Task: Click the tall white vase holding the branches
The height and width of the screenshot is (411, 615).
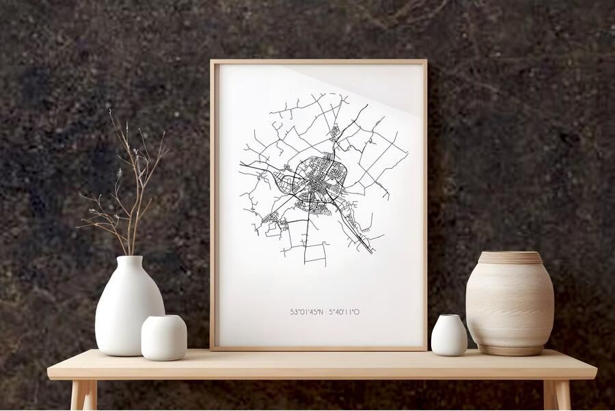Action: [x=128, y=308]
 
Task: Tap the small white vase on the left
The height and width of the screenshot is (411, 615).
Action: [x=164, y=338]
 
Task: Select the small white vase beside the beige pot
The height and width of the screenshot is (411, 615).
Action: [x=449, y=336]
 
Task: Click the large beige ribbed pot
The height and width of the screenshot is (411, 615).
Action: [x=510, y=304]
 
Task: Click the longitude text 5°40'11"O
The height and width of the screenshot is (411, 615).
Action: [x=344, y=312]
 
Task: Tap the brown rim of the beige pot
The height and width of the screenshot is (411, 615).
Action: [x=510, y=257]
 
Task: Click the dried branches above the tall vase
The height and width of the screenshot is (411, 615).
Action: [x=130, y=191]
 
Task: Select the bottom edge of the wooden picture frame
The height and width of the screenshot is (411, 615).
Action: [x=318, y=348]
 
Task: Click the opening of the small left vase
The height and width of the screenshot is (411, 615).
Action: [x=164, y=317]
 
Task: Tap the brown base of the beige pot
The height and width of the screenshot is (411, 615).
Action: [x=510, y=350]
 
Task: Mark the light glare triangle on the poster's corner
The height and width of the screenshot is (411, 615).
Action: [x=383, y=85]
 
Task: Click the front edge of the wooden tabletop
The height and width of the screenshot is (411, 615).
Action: [x=321, y=374]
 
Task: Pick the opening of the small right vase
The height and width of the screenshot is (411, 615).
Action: [x=449, y=317]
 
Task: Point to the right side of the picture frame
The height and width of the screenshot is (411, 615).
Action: [x=425, y=205]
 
